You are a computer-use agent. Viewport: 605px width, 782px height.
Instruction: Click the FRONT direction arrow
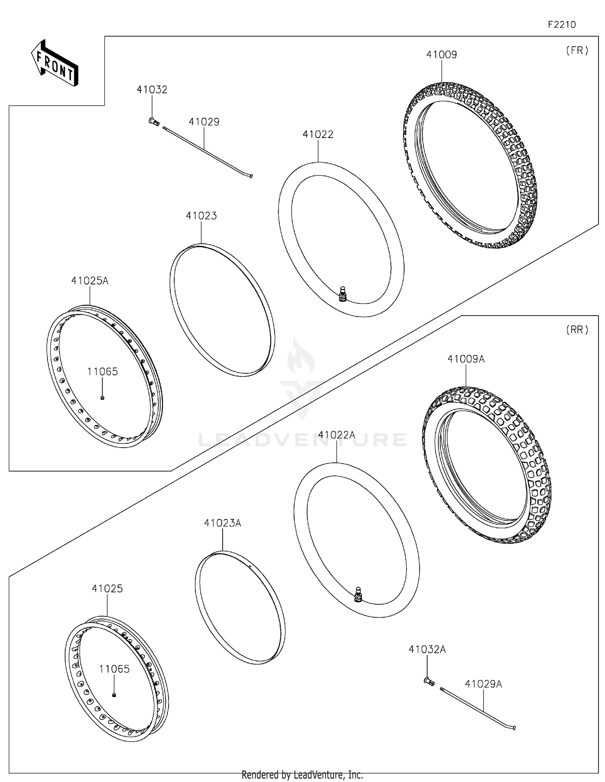(54, 63)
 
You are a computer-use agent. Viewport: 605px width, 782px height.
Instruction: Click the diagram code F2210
(561, 25)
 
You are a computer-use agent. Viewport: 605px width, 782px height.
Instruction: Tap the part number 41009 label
(442, 54)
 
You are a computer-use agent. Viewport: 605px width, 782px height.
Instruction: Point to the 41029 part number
(204, 122)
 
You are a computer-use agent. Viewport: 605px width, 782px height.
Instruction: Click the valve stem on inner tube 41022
(343, 293)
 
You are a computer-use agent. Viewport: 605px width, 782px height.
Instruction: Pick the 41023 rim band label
(201, 216)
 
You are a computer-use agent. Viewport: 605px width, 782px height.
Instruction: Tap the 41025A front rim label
(90, 280)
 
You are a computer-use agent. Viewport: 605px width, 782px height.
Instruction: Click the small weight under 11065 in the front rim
(102, 398)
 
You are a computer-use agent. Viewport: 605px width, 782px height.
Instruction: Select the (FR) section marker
(577, 50)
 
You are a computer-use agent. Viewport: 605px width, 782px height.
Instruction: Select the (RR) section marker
(577, 330)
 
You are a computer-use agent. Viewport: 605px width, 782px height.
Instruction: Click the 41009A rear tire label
(466, 359)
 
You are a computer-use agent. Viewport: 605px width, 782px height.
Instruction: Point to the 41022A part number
(336, 435)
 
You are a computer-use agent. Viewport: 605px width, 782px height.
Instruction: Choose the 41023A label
(222, 523)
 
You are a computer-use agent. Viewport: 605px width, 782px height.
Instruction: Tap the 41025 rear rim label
(107, 588)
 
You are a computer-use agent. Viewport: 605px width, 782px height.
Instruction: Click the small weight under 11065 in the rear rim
(114, 695)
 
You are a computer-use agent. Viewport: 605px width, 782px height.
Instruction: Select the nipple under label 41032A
(429, 682)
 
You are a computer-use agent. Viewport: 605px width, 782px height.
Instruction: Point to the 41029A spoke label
(483, 684)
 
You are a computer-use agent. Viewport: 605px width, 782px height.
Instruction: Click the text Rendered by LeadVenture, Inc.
(302, 775)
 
